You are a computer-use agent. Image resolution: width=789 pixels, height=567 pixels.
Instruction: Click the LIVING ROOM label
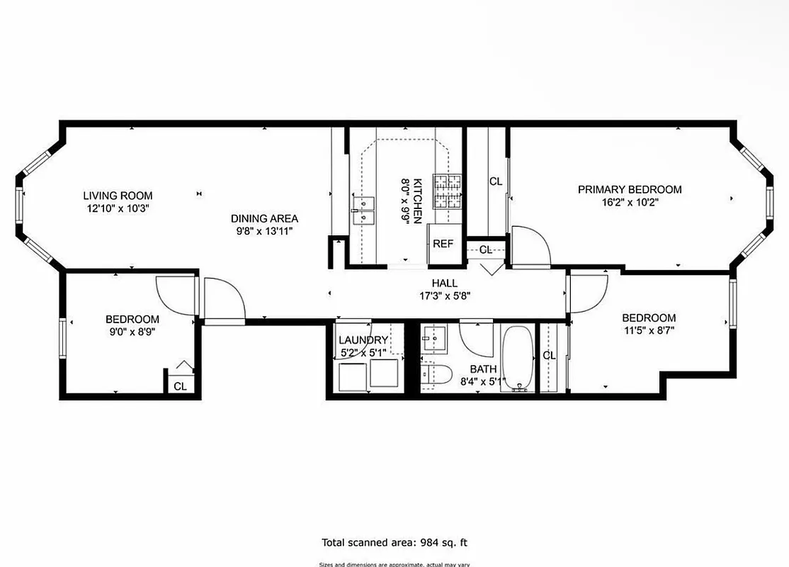point(118,196)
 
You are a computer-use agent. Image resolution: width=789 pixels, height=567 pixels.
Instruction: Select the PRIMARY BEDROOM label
point(630,189)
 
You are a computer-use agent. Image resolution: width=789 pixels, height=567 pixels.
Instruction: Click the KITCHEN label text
point(419,201)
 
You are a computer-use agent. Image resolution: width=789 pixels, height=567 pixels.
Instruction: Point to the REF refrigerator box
point(443,244)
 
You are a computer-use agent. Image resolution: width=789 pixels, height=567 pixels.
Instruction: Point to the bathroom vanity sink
point(433,339)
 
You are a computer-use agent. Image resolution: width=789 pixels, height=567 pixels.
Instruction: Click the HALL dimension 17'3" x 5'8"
point(444,296)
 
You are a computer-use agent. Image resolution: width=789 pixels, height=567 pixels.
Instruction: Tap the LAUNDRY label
point(363,340)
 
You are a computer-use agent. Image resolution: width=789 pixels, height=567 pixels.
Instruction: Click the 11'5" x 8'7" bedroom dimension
point(649,330)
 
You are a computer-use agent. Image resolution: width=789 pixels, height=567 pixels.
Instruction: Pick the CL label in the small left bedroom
point(181,386)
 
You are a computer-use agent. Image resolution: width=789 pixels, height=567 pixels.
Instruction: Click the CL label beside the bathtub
point(549,355)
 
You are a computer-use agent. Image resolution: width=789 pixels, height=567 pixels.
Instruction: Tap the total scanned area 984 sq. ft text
point(394,543)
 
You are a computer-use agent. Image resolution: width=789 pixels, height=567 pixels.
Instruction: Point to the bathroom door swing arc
point(477,339)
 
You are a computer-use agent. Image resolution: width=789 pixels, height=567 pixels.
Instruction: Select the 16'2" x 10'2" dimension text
point(630,201)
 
